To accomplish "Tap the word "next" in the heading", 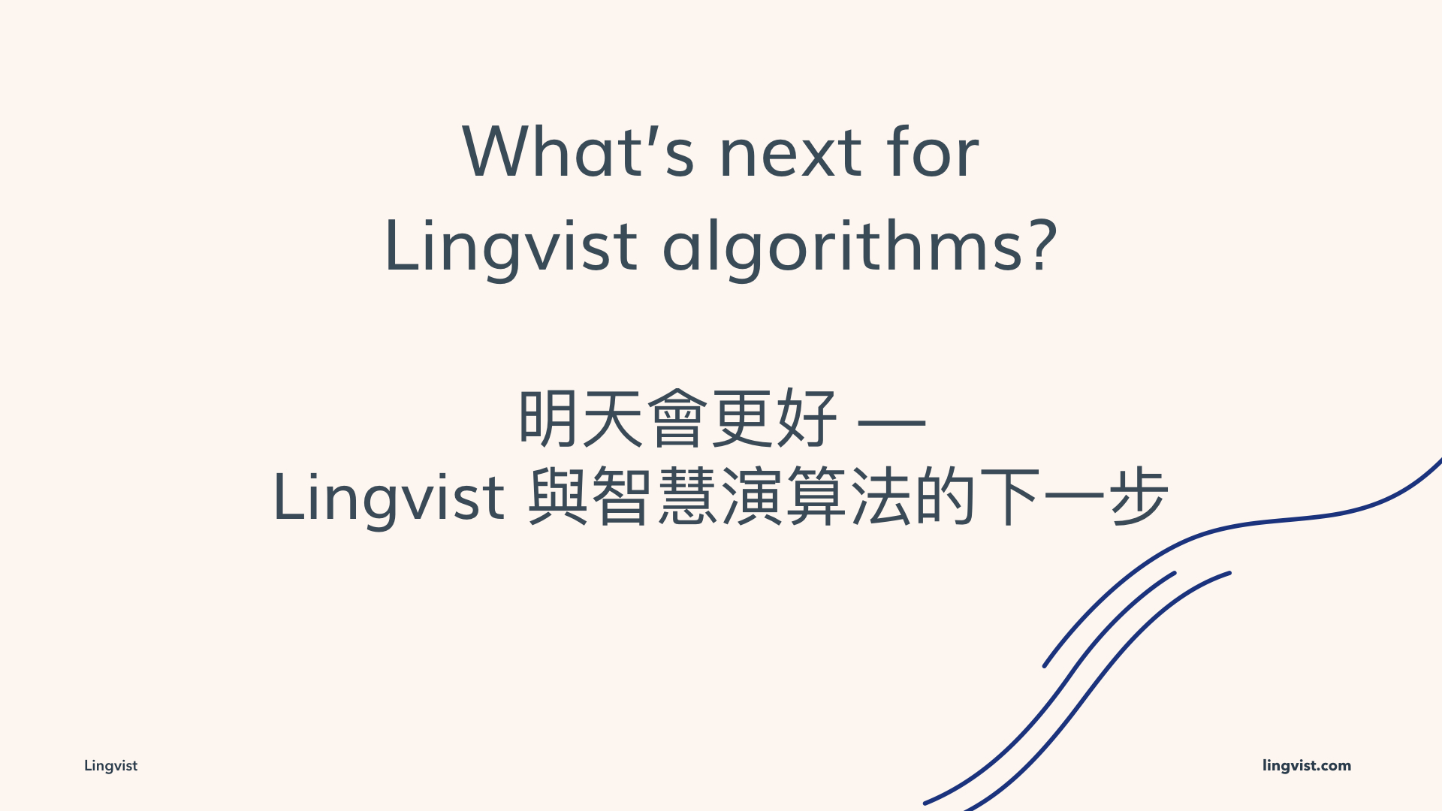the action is pyautogui.click(x=791, y=154).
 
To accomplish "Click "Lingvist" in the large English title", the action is pyautogui.click(x=511, y=246).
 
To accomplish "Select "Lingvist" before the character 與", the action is pyautogui.click(x=389, y=496).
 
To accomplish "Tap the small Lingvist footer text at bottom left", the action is pyautogui.click(x=110, y=766).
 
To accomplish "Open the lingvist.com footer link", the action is pyautogui.click(x=1307, y=766).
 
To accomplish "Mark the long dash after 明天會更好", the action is pyautogui.click(x=891, y=424).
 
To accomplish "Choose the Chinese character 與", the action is pyautogui.click(x=558, y=497).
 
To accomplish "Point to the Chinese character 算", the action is pyautogui.click(x=816, y=497).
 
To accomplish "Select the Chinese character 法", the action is pyautogui.click(x=881, y=497).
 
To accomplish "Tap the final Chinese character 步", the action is pyautogui.click(x=1139, y=497).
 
